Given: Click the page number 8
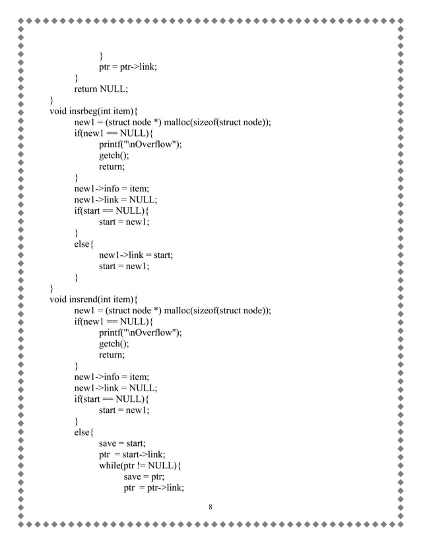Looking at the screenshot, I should [210, 507].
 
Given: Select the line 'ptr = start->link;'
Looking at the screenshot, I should [127, 455].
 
